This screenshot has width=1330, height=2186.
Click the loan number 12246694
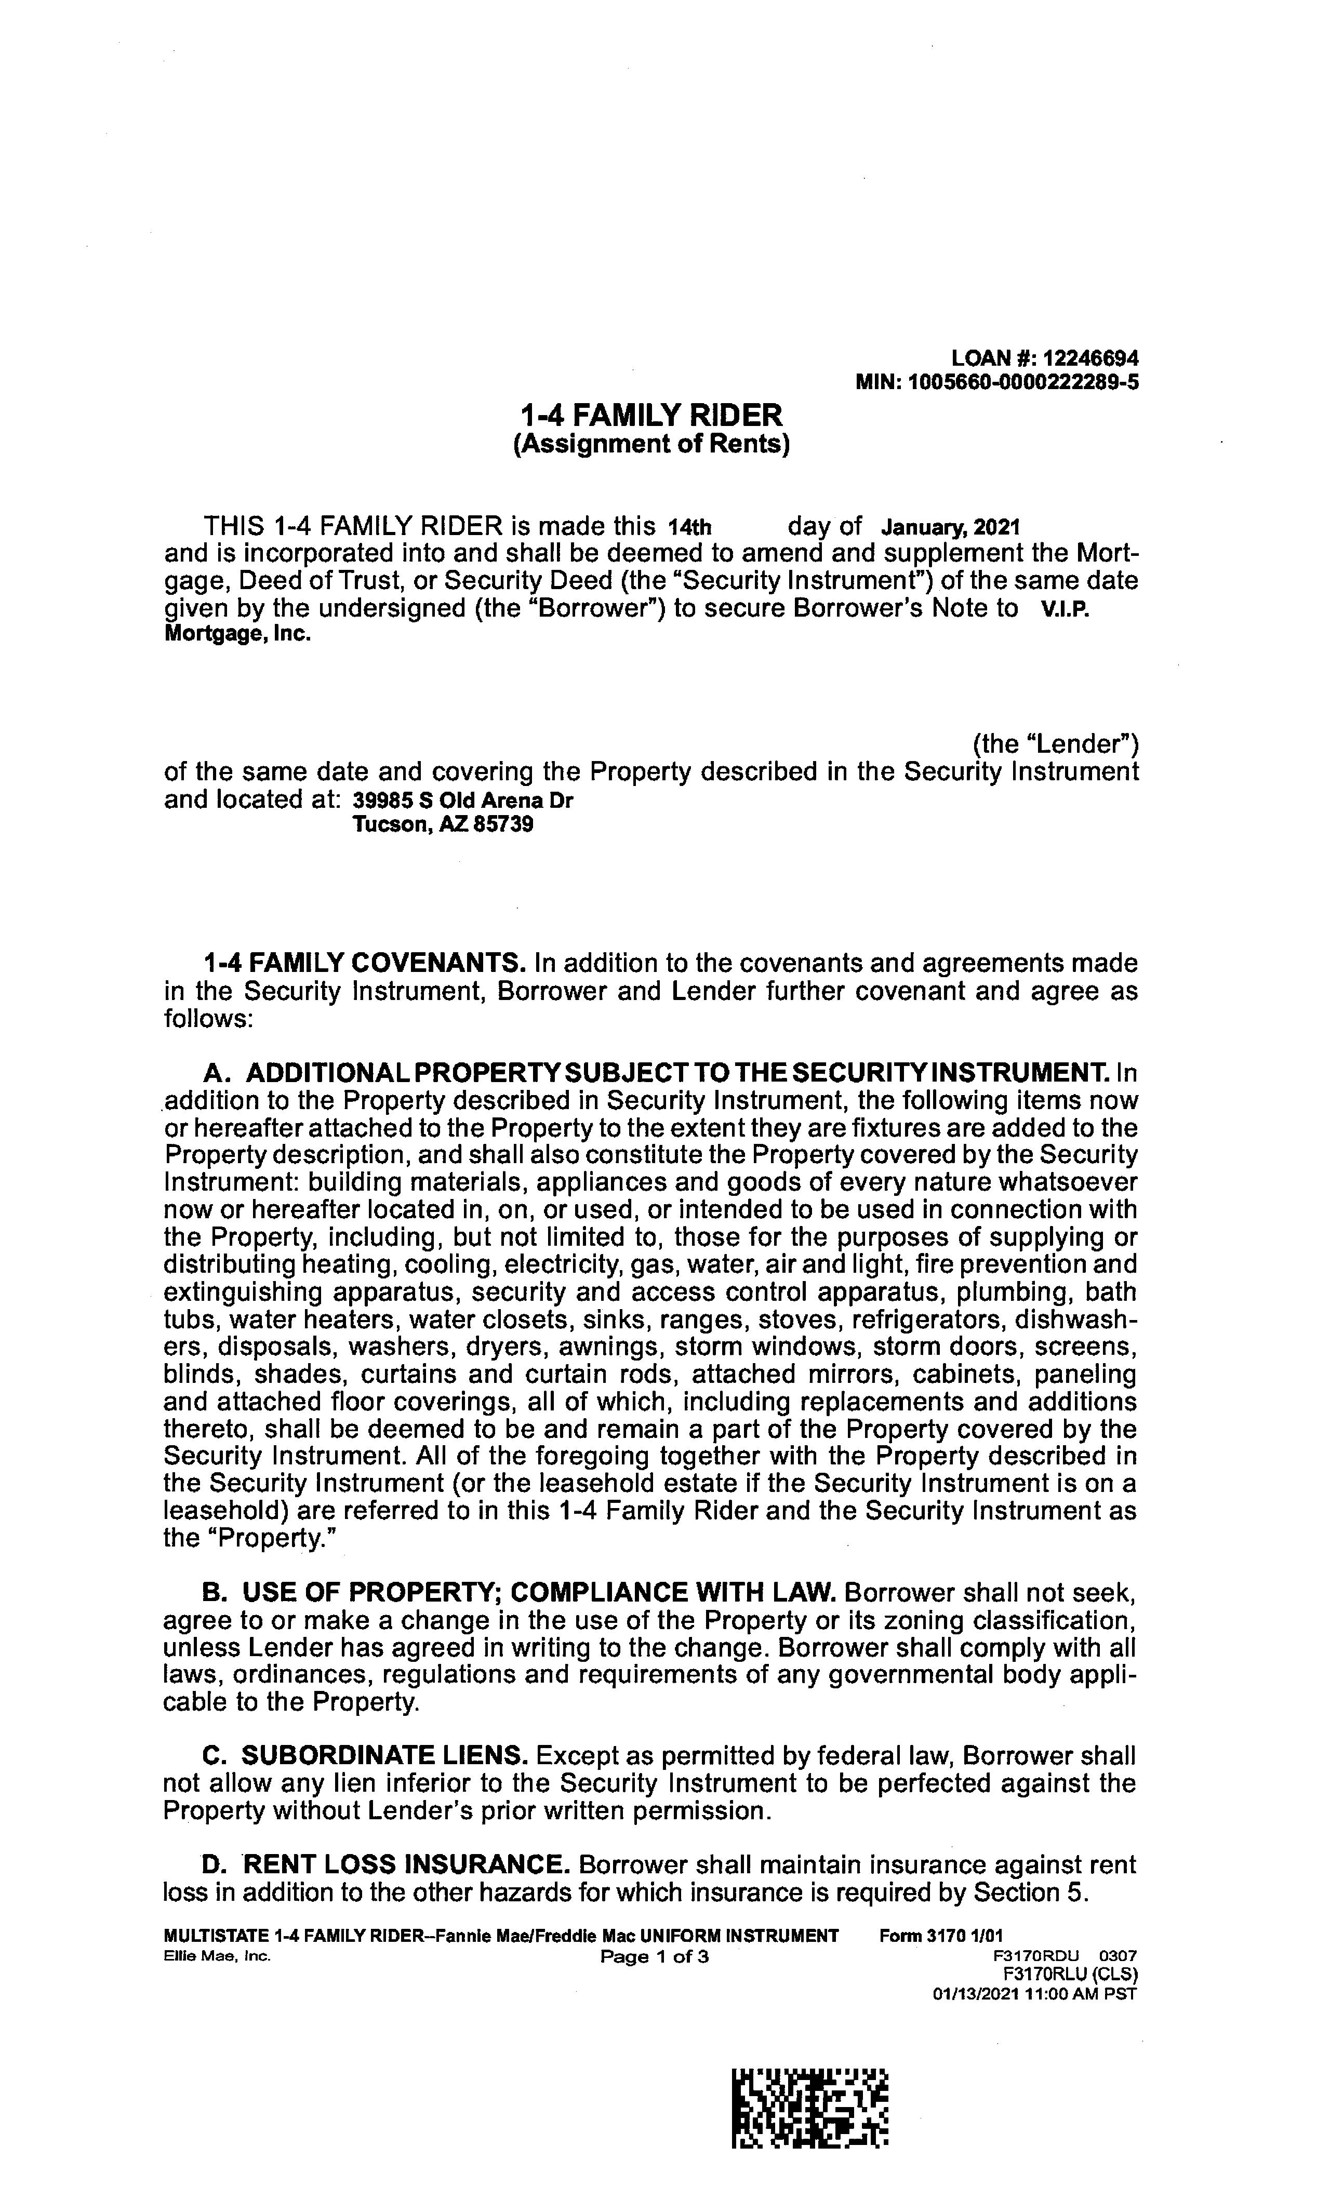coord(1090,358)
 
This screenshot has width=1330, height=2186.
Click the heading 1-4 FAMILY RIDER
coord(651,415)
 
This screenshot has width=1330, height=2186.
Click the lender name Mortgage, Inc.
coord(238,636)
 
